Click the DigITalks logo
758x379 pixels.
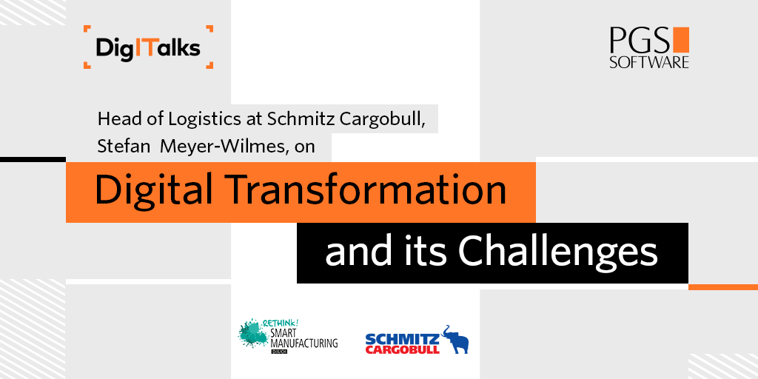point(148,48)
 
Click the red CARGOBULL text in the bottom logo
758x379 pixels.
point(402,349)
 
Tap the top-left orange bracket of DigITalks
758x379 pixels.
point(87,30)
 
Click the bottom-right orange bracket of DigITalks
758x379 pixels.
point(209,65)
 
